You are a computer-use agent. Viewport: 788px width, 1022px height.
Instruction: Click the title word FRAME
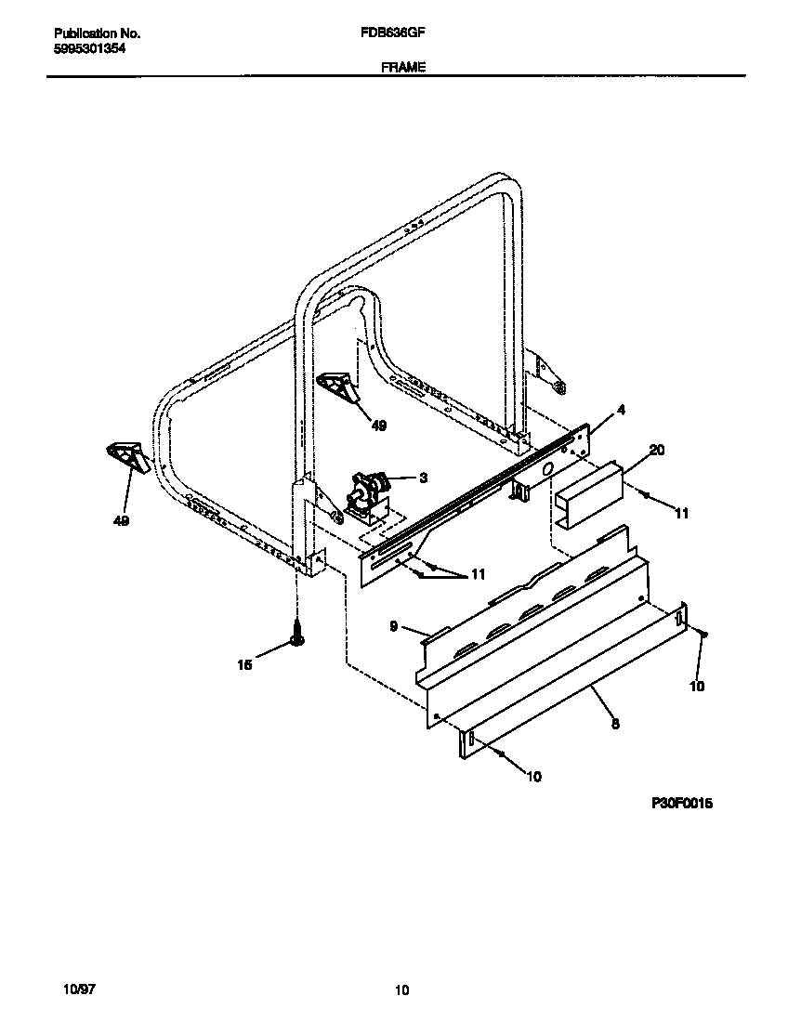tap(402, 67)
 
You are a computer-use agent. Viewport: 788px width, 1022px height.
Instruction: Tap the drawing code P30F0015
tap(680, 804)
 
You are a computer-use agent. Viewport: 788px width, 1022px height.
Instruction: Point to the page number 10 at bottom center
tap(401, 991)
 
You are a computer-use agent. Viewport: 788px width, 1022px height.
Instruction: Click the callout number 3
tap(423, 478)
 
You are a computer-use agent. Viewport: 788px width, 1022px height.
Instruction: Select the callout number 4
tap(621, 410)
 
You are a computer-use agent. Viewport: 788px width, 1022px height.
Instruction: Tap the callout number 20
tap(657, 450)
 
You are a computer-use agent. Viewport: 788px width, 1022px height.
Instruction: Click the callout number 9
tap(394, 627)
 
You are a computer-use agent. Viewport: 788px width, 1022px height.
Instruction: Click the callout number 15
tap(245, 665)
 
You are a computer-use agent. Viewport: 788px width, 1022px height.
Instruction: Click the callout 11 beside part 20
tap(681, 513)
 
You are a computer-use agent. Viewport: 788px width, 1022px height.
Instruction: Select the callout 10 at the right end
tap(697, 687)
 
